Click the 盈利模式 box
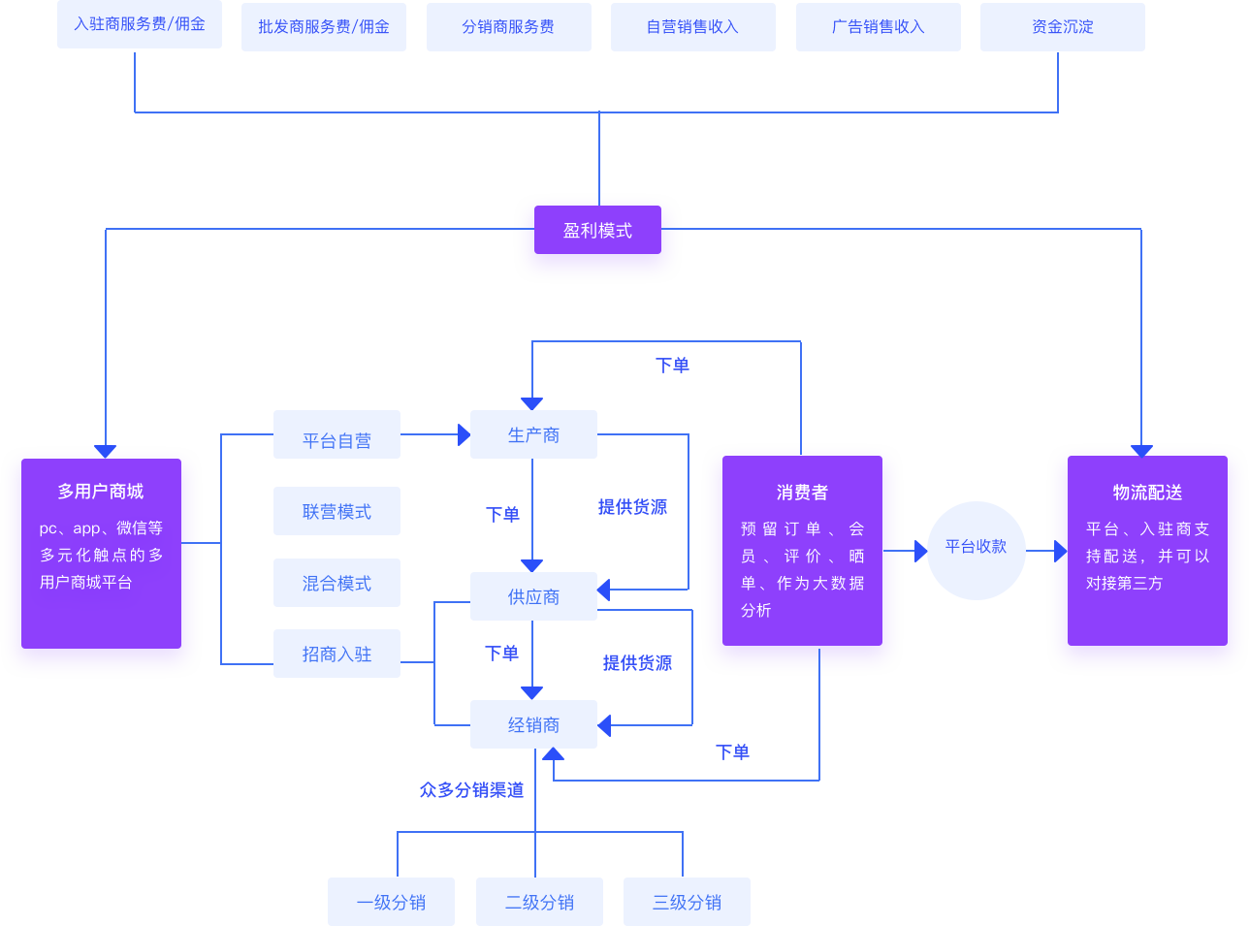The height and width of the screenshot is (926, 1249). point(597,230)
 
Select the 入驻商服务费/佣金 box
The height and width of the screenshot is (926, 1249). point(140,24)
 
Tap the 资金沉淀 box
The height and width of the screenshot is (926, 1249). point(1063,26)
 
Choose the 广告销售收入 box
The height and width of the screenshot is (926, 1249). point(878,26)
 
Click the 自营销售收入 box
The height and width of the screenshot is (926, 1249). point(692,26)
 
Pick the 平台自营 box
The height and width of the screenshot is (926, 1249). point(336,440)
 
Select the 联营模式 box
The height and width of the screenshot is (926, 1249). point(336,511)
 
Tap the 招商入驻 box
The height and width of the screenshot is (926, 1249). point(336,654)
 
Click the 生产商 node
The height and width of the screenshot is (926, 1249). point(533,434)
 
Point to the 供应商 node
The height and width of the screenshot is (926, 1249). point(533,596)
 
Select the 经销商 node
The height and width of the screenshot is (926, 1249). point(533,724)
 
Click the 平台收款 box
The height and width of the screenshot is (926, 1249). point(976,547)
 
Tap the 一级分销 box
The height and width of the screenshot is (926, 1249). point(391,902)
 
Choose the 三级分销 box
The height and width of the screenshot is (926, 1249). point(687,902)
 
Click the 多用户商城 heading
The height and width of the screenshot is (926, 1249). point(100,491)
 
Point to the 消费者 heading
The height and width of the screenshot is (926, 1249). point(802,492)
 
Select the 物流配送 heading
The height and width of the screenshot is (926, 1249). point(1147,492)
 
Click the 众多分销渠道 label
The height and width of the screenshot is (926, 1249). point(471,789)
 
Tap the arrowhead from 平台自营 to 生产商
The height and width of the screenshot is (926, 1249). point(464,434)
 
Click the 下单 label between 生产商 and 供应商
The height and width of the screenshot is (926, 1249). point(502,514)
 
